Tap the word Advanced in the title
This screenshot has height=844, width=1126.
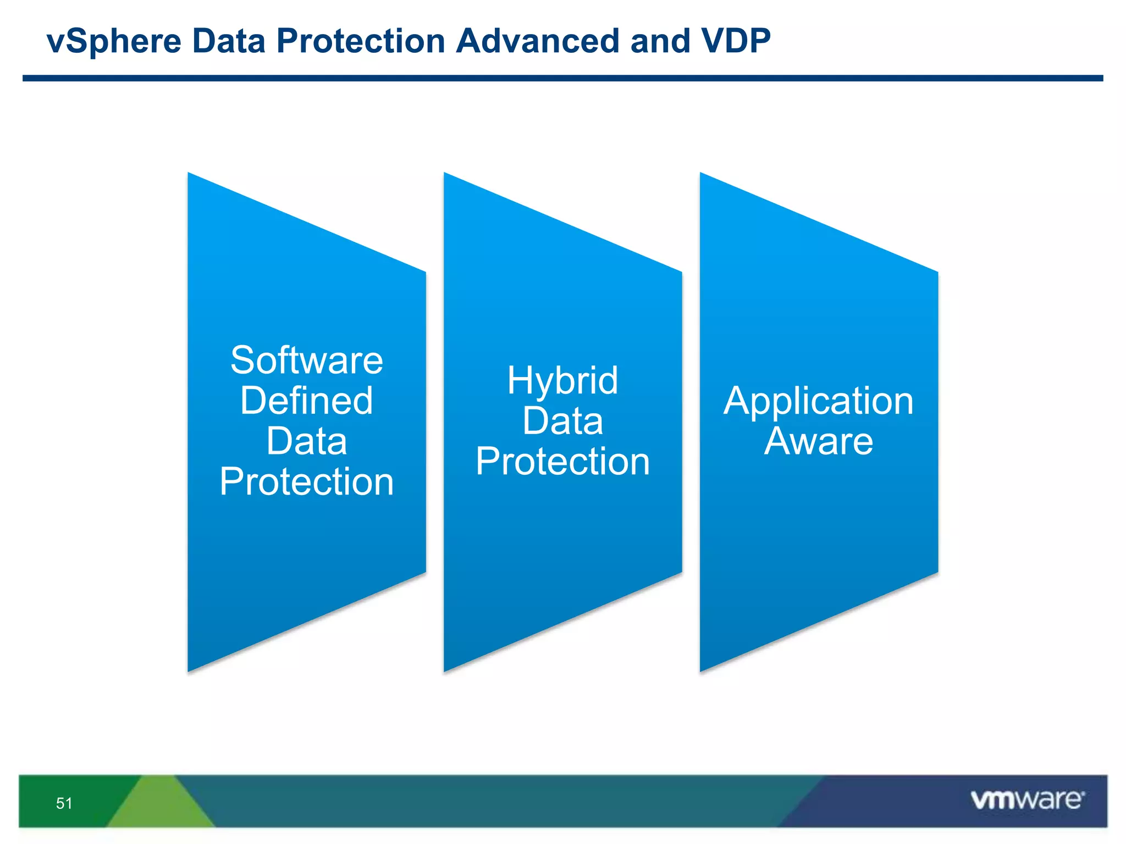538,41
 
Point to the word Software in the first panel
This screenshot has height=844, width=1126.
307,361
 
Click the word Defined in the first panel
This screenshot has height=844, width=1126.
307,401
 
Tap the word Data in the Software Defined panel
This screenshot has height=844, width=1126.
307,441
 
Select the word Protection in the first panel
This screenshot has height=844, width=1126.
307,482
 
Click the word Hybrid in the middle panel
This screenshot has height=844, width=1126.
562,381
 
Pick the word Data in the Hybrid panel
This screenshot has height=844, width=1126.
562,421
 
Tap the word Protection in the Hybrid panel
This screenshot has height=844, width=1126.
562,462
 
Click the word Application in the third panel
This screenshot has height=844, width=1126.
818,401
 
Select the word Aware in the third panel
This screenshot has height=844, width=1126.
818,441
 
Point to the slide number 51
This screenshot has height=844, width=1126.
64,803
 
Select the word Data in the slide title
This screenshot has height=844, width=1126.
229,41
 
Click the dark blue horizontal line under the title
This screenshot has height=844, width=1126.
562,79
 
